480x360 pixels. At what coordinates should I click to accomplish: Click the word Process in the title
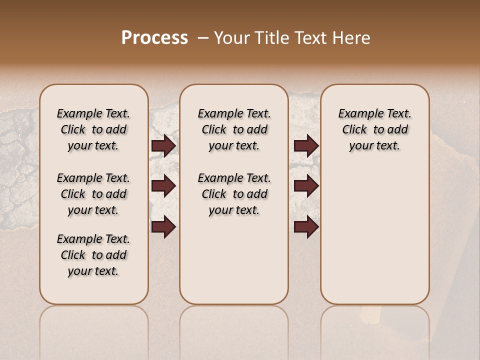click(x=154, y=38)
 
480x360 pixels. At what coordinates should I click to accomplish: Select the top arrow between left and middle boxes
click(x=163, y=146)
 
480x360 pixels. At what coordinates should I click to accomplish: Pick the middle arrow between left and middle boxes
click(x=163, y=186)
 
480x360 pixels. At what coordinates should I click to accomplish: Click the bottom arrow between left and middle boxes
click(x=163, y=226)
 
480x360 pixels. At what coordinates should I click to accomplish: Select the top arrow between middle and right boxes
click(x=306, y=146)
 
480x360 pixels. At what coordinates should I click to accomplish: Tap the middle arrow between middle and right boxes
click(x=306, y=186)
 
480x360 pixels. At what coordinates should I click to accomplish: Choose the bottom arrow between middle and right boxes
click(x=306, y=226)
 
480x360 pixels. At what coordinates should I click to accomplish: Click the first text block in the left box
click(x=93, y=129)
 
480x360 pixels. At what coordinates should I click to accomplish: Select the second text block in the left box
click(x=93, y=194)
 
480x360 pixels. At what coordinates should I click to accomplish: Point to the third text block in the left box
click(x=93, y=255)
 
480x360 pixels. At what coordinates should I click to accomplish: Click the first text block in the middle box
click(x=234, y=129)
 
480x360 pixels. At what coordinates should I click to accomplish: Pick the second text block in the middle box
click(x=234, y=194)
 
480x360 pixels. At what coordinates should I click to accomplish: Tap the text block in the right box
click(x=375, y=129)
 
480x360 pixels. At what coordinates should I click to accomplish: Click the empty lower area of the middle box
click(x=234, y=260)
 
